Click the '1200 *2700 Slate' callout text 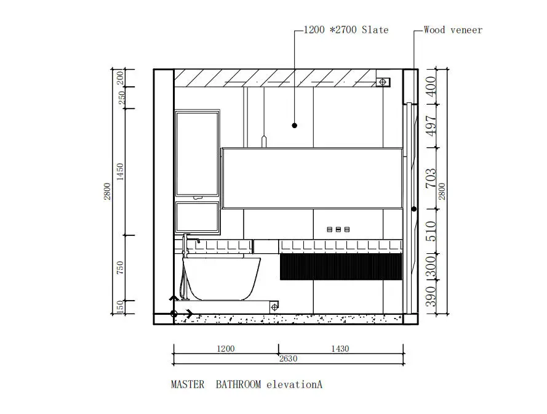pos(346,30)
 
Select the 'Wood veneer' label pos(453,30)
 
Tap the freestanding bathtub pos(222,279)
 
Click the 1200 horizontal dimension pos(226,349)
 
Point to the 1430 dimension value pos(340,349)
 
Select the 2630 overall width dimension pos(288,359)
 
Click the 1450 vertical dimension pos(120,171)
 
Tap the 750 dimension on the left pos(120,267)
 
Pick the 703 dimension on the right pos(431,178)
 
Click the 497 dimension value pos(431,126)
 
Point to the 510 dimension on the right pos(431,231)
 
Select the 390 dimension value pos(431,296)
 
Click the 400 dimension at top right pos(431,86)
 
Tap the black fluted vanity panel pos(341,267)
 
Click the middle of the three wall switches pos(338,230)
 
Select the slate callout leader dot pos(295,126)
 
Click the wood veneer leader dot pos(414,209)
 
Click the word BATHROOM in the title pos(238,384)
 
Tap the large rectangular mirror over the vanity pos(312,178)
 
